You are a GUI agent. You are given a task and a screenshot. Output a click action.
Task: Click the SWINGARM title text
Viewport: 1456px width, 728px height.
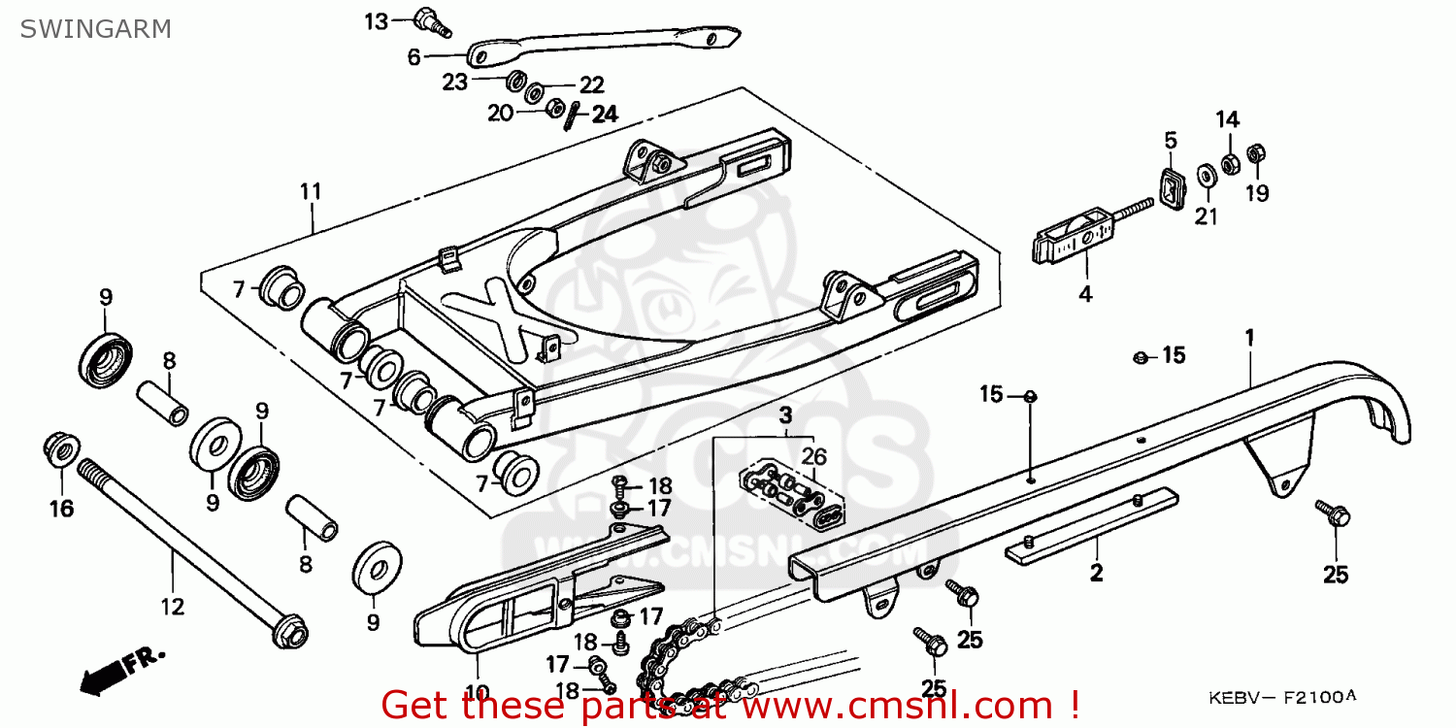[x=95, y=28]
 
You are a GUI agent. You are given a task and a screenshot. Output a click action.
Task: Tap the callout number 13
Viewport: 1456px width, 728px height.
[x=376, y=21]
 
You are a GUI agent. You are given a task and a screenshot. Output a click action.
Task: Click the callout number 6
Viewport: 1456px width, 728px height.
[x=414, y=58]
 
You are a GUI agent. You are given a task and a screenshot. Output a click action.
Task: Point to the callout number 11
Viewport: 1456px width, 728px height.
[x=310, y=191]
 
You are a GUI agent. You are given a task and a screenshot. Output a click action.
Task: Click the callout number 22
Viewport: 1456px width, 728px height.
[x=592, y=85]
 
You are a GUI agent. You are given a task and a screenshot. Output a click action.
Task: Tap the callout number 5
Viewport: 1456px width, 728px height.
[x=1171, y=140]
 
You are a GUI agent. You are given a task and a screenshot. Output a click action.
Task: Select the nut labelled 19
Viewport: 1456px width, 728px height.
[x=1254, y=154]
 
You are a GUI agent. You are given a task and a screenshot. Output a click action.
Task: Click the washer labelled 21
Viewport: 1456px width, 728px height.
[x=1208, y=176]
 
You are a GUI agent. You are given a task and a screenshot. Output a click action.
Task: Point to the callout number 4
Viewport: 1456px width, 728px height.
[x=1085, y=293]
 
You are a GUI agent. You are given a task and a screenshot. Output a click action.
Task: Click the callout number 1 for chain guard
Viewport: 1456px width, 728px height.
[x=1250, y=337]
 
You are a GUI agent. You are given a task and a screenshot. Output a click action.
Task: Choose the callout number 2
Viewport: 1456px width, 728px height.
[x=1096, y=574]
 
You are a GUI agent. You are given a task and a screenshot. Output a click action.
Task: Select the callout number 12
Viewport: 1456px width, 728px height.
[x=172, y=608]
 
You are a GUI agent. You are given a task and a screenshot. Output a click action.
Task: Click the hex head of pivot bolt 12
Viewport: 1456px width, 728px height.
[x=290, y=635]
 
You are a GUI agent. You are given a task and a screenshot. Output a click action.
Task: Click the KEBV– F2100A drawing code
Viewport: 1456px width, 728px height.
[x=1280, y=697]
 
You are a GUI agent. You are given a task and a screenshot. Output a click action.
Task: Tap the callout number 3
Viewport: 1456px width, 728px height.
[x=784, y=416]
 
